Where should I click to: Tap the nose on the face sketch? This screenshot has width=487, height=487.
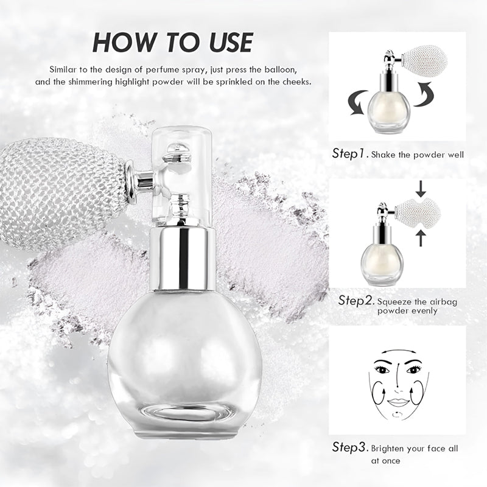pyautogui.click(x=398, y=385)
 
